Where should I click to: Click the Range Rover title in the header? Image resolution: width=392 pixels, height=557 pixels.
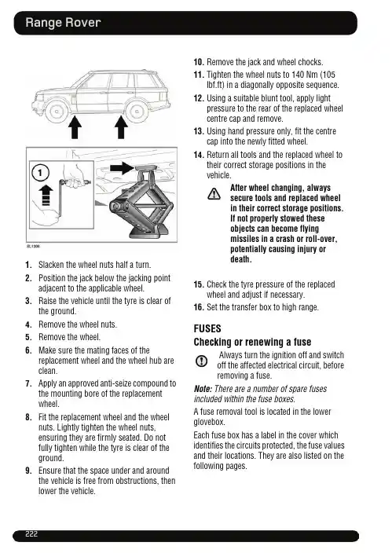click(x=63, y=23)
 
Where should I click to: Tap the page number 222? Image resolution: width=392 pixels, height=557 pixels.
click(x=31, y=534)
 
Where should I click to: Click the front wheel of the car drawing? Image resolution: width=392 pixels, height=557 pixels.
click(x=57, y=112)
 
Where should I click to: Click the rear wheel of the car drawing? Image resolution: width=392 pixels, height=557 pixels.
click(x=137, y=112)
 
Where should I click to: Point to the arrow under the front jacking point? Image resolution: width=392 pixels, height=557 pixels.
click(x=75, y=127)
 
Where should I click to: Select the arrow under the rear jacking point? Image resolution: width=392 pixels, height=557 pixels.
click(x=121, y=127)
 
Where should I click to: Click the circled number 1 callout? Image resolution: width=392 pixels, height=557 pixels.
click(x=40, y=173)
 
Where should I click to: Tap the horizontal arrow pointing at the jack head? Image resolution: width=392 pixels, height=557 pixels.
click(x=122, y=167)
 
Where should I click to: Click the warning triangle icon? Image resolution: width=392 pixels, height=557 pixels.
click(x=214, y=194)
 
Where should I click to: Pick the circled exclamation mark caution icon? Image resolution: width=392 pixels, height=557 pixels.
click(x=201, y=361)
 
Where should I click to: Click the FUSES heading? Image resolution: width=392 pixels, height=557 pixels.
click(x=207, y=328)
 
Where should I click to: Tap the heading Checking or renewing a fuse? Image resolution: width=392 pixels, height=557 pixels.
click(x=252, y=342)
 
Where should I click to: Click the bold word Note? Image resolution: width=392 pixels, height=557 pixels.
click(x=203, y=389)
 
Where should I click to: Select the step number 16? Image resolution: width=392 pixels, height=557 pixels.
click(x=199, y=307)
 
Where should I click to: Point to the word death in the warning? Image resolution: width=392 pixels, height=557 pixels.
click(x=241, y=259)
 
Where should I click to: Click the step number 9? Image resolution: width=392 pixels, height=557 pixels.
click(x=28, y=471)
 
